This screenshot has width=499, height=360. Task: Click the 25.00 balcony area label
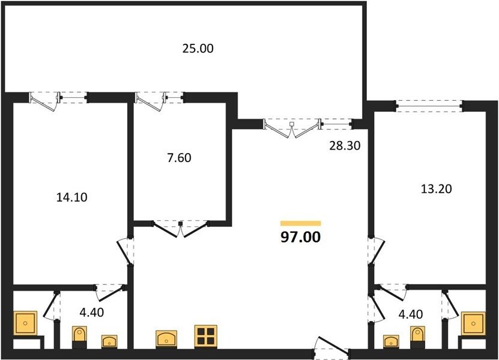(198, 49)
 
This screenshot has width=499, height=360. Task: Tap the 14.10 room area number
(71, 197)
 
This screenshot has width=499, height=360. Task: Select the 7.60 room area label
(179, 158)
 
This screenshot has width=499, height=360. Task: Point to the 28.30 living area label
(345, 146)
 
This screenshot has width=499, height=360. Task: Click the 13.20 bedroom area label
(437, 189)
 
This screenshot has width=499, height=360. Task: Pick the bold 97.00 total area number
(300, 237)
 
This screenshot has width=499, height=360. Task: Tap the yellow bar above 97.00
(300, 223)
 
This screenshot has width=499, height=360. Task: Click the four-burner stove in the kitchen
(206, 336)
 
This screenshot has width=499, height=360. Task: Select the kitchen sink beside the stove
(166, 338)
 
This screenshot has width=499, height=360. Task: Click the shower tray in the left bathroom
(25, 323)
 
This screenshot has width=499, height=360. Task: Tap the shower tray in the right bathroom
(473, 324)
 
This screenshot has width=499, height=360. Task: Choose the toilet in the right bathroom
(417, 337)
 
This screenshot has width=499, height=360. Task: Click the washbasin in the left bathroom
(109, 341)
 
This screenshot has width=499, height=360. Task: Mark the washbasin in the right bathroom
(391, 341)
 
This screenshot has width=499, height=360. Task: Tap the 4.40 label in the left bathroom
(92, 312)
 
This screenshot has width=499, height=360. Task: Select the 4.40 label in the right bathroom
(411, 314)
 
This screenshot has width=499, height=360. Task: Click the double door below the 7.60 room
(181, 229)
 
